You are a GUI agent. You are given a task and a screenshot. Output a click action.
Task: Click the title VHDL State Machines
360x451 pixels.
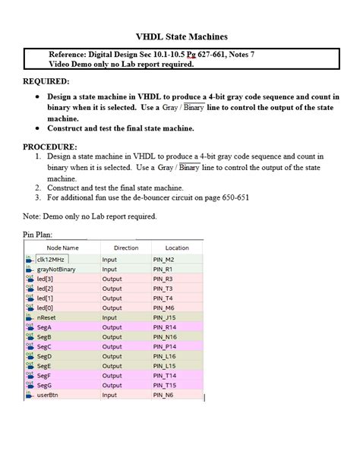(182, 36)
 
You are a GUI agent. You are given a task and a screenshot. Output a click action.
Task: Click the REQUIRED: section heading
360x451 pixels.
(46, 81)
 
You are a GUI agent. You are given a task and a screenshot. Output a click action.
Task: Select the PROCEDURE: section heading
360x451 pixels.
(49, 146)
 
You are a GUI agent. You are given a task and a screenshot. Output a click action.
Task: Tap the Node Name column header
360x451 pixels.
(62, 248)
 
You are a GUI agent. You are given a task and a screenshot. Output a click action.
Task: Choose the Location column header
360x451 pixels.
(177, 248)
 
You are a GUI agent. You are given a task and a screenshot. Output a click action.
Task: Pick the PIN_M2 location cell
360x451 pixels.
(164, 259)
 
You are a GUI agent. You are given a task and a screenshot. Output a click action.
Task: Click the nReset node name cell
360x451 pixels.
(48, 317)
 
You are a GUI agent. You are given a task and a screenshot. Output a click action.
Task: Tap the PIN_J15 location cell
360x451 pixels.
(165, 317)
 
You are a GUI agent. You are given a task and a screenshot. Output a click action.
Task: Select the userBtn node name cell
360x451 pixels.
(49, 395)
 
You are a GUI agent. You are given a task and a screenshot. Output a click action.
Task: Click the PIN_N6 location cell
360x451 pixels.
(163, 395)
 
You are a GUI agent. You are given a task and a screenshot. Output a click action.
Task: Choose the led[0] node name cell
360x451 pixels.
(46, 307)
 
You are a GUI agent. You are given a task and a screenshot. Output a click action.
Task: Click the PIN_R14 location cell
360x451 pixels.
(166, 327)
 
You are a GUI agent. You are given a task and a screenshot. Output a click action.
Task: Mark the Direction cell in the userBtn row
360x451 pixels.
(112, 395)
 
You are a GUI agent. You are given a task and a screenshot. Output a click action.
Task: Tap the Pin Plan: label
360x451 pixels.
(39, 235)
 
